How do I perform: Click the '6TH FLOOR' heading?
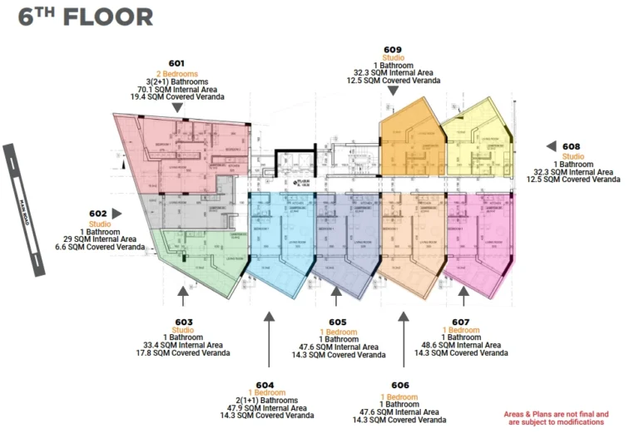tap(86, 17)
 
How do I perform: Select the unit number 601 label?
tap(176, 63)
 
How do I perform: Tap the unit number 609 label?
tap(393, 49)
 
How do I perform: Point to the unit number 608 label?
tap(571, 146)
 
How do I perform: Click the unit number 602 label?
tap(98, 213)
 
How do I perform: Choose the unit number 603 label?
tap(184, 321)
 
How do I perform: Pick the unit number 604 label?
tap(265, 385)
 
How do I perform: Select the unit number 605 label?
tap(338, 322)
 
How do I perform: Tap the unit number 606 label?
tap(399, 385)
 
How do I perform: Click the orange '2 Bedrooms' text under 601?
tap(176, 73)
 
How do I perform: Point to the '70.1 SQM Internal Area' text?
tap(176, 89)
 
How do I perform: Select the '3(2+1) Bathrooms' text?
tap(176, 81)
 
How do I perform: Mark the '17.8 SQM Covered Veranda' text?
tap(184, 353)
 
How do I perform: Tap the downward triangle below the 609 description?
tap(393, 91)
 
